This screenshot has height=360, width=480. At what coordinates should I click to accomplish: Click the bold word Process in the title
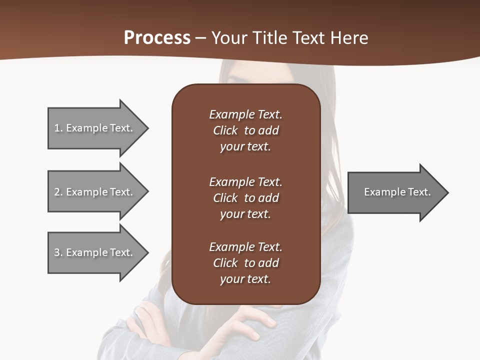point(157,38)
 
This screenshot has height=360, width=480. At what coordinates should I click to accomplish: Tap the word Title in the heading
point(269,38)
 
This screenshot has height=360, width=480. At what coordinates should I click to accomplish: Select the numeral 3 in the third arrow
point(57,253)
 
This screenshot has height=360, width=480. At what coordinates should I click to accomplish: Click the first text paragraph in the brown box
point(245,130)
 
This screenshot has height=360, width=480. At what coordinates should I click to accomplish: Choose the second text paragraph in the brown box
point(245,198)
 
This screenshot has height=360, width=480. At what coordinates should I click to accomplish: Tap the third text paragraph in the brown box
point(245,263)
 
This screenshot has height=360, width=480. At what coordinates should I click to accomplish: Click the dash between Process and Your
point(201,38)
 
